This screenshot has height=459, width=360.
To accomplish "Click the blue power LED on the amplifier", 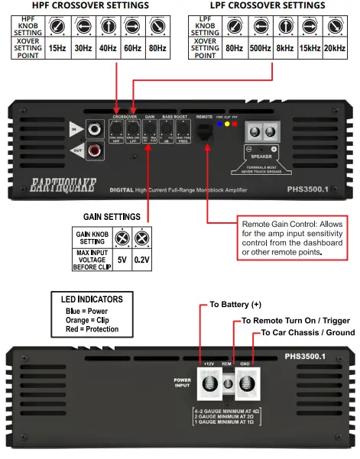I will (x=220, y=123).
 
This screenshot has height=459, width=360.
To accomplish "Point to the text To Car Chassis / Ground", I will (x=307, y=334).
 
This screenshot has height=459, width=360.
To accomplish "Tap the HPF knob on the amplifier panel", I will (x=118, y=130).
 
